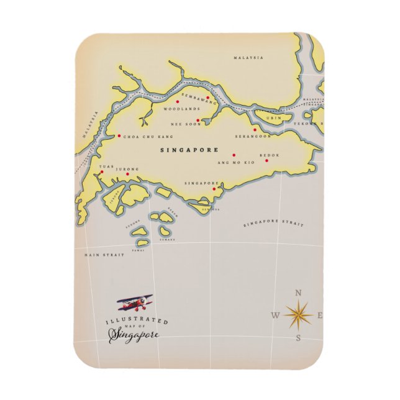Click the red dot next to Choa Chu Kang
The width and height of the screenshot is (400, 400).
pos(119,136)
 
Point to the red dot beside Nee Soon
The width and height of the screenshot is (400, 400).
pos(198,120)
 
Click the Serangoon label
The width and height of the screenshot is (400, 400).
pos(253,136)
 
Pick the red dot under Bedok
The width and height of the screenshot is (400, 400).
pos(267,161)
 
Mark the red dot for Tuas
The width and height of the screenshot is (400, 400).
pos(102,172)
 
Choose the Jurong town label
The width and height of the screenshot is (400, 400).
pos(129,168)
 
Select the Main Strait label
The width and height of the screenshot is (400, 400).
pos(104,255)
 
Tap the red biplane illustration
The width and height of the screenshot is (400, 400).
pos(135,303)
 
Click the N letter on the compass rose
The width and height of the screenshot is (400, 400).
pos(298,293)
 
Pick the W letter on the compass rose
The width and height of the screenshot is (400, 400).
pos(275,316)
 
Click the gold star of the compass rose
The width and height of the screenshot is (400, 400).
pos(298,315)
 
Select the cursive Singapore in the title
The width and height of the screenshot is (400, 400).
pos(134,335)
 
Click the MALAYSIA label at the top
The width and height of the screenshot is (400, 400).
pos(248,58)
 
